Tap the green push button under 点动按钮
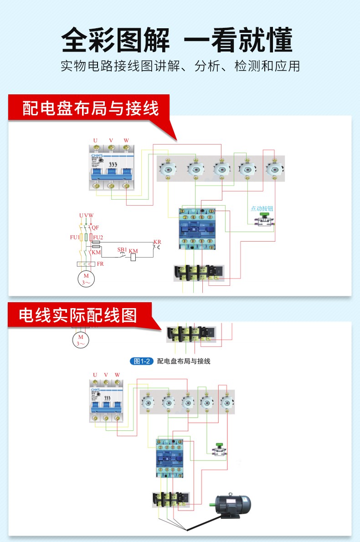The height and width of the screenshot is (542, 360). (263, 215)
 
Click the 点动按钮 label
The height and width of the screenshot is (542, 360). (262, 208)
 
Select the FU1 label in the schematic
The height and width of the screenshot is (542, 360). (74, 237)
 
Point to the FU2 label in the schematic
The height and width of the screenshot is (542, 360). (98, 237)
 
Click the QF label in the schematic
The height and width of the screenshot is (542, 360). (95, 227)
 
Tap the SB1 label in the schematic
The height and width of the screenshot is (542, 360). (122, 249)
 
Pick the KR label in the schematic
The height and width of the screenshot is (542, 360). (157, 242)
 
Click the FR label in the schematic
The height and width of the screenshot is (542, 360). (100, 264)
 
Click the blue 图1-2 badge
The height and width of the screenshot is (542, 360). (141, 361)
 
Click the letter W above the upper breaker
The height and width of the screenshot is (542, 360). (126, 140)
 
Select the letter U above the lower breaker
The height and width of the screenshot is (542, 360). (95, 375)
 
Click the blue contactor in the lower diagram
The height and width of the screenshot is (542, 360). (170, 458)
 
